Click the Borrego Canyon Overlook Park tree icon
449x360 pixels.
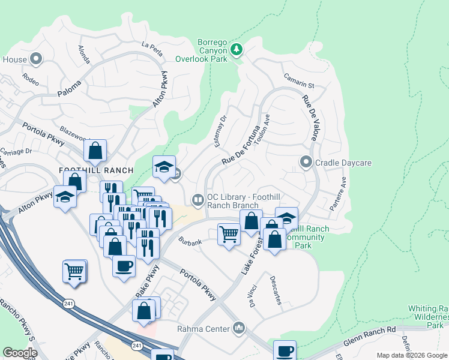coord(237,49)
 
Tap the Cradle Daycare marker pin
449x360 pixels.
coord(306,163)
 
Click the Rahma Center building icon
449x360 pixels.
coord(239,328)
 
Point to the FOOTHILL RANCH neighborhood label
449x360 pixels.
coord(89,170)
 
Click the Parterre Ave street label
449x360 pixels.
coord(338,193)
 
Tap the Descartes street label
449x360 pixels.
coord(276,290)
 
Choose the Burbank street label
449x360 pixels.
coord(190,241)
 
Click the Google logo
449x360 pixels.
coord(20,353)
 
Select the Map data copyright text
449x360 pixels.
coord(412,355)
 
